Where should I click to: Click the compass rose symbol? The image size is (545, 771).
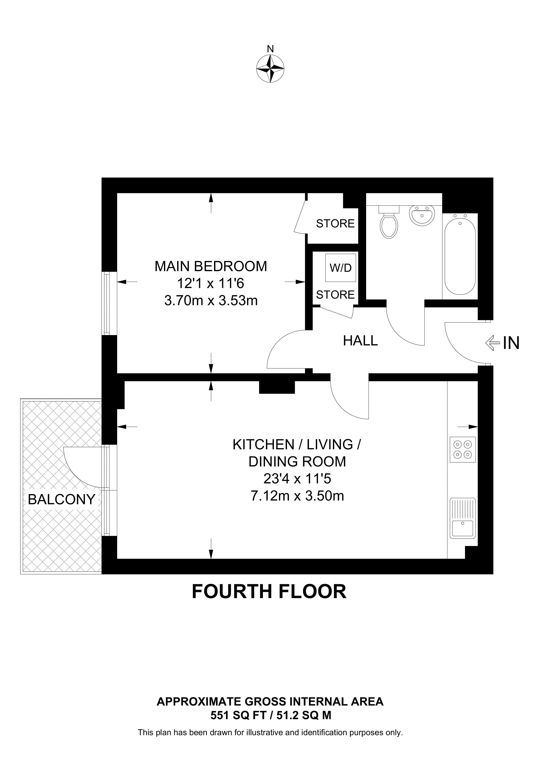click(x=270, y=69)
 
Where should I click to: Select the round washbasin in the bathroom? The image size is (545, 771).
click(x=422, y=215)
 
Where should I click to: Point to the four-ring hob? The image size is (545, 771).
click(x=463, y=450)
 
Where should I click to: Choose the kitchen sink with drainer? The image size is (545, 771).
click(x=463, y=518)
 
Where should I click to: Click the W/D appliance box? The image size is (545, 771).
click(x=340, y=268)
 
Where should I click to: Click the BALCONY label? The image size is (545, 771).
click(x=61, y=499)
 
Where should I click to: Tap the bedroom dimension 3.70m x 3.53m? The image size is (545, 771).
click(x=211, y=300)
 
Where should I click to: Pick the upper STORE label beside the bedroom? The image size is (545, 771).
click(x=335, y=223)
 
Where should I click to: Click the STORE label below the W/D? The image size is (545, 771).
click(x=335, y=294)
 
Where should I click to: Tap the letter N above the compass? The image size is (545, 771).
click(x=270, y=49)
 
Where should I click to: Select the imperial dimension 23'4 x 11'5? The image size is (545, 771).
click(x=297, y=479)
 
